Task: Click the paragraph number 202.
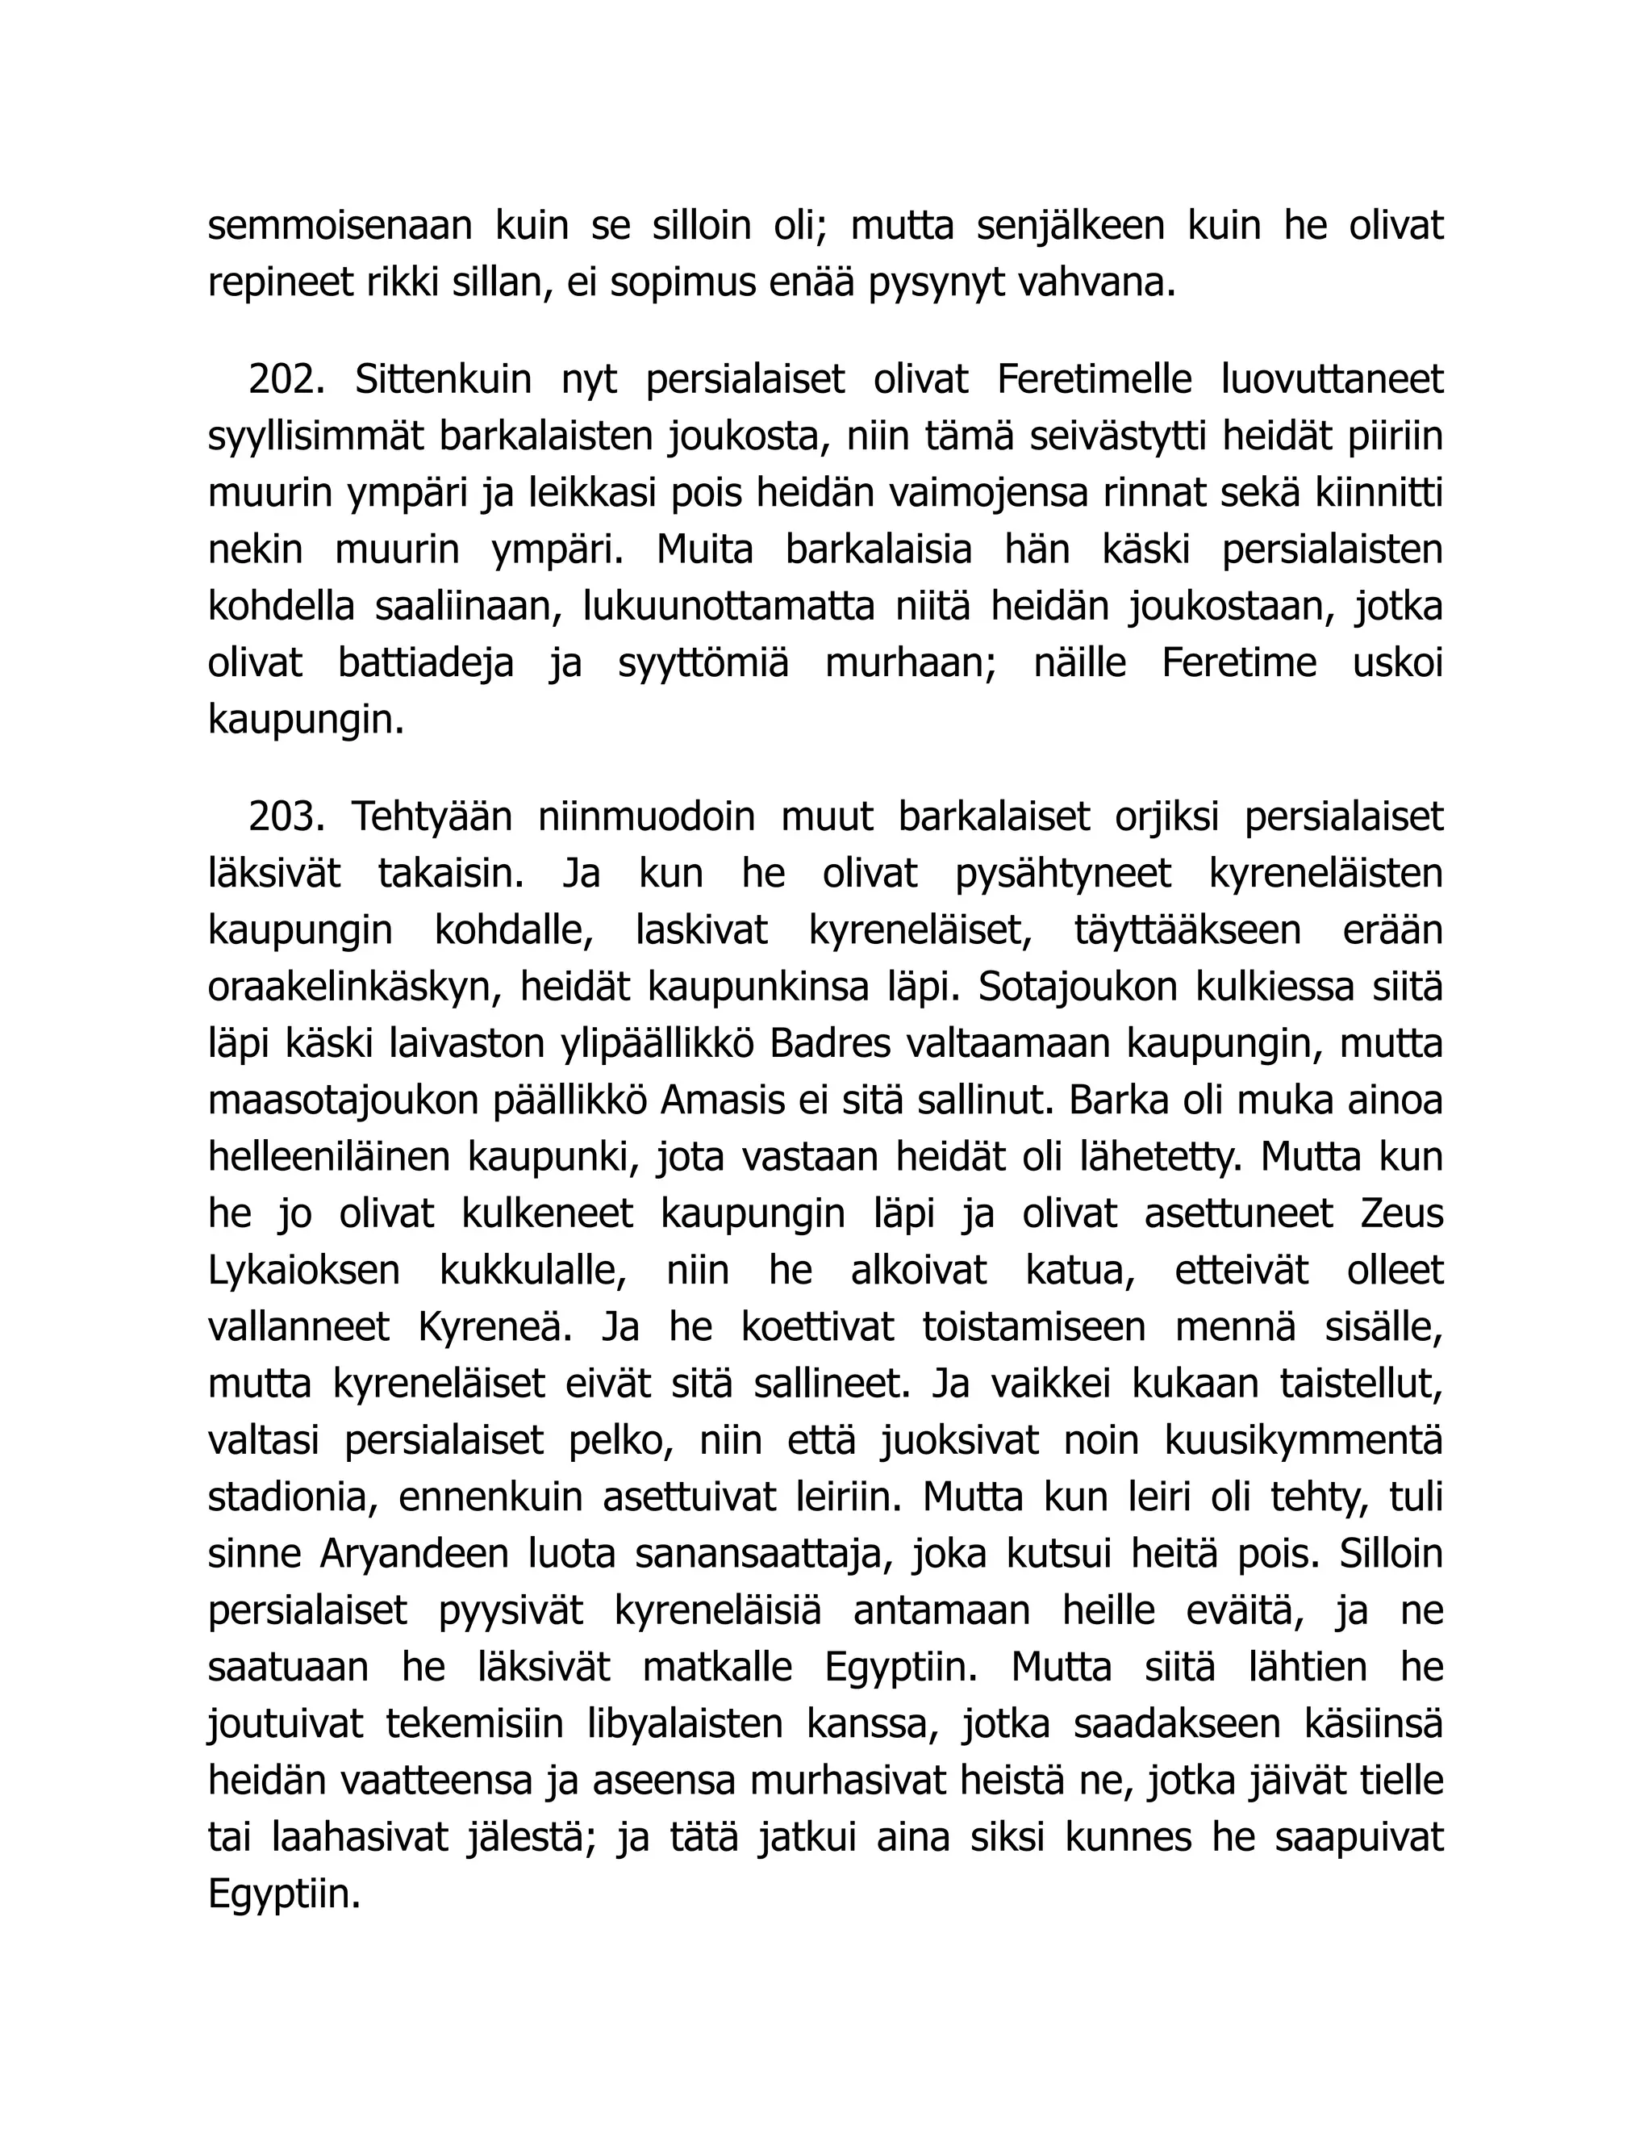pyautogui.click(x=285, y=380)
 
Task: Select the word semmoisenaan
pyautogui.click(x=339, y=225)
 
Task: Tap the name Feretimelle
pyautogui.click(x=1093, y=380)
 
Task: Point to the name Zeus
pyautogui.click(x=1401, y=1214)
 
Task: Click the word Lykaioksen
pyautogui.click(x=303, y=1271)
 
